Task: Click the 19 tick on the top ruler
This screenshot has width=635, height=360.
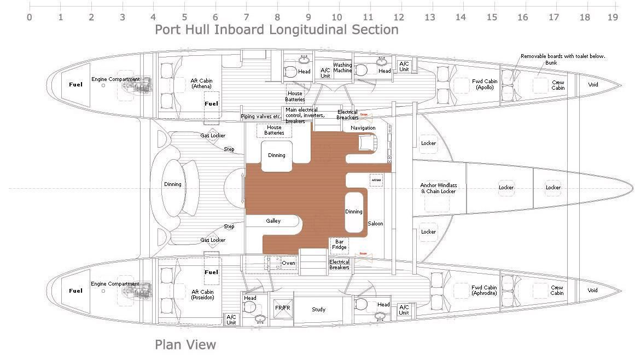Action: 613,17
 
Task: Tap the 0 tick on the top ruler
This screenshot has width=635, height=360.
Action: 30,17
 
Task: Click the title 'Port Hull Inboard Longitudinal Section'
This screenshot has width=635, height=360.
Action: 277,30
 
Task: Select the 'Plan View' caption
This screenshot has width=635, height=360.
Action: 185,345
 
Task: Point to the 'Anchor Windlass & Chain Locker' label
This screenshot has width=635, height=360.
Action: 438,188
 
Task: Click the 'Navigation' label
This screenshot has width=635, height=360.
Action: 363,128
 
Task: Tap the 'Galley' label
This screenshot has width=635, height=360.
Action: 273,221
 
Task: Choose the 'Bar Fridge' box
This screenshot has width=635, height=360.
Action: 340,244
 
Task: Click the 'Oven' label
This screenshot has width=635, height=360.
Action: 288,263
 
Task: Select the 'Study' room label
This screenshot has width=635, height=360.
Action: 319,310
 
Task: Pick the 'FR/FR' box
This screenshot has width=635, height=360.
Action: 282,309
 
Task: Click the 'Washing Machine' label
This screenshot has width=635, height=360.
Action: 343,67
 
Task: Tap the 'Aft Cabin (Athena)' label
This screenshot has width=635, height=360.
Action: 202,83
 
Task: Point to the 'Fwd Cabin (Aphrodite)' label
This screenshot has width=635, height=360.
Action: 485,290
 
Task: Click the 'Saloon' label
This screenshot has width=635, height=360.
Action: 375,223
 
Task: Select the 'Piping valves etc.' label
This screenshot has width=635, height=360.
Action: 261,117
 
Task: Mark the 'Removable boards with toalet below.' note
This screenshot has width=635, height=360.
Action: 563,56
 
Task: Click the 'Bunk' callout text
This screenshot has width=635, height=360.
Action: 551,63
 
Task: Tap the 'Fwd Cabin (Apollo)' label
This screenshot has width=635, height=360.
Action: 485,84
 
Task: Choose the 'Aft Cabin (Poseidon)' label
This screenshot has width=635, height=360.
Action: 202,295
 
